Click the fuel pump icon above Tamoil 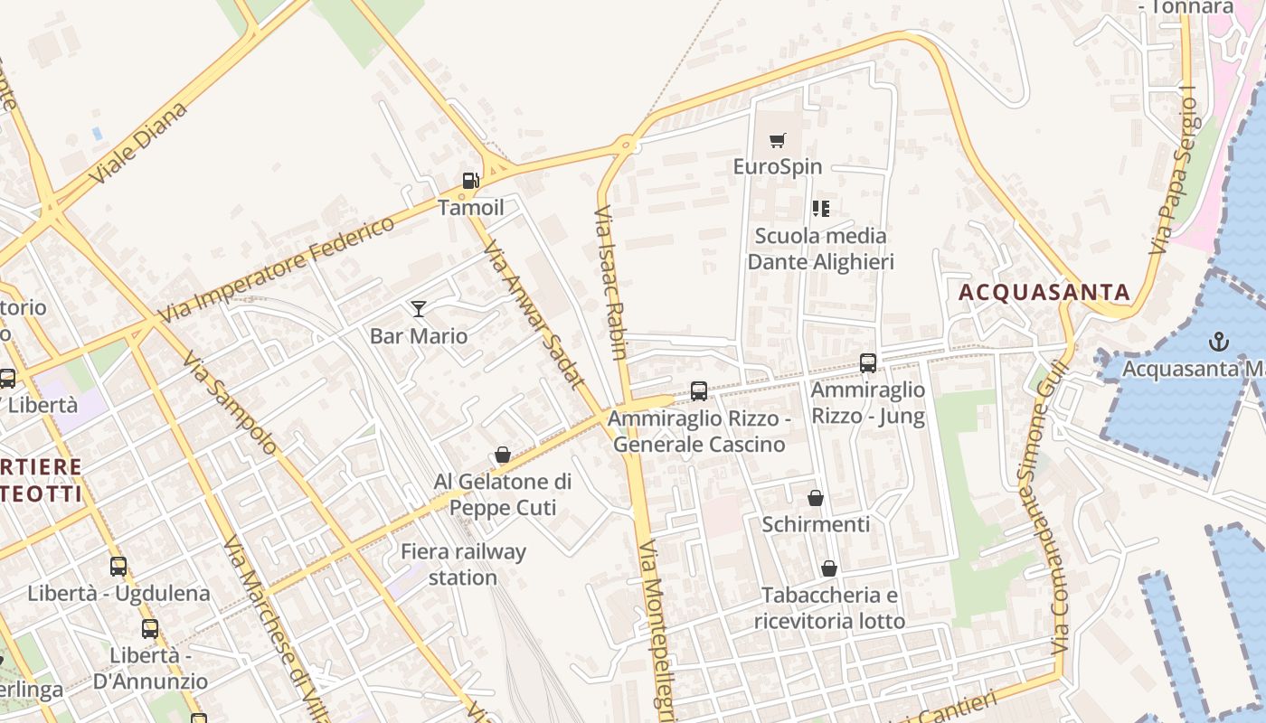[469, 181]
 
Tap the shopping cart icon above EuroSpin [777, 140]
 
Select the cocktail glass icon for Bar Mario [418, 309]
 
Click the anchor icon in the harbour [1219, 342]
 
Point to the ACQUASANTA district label [1044, 292]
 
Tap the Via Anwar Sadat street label [534, 313]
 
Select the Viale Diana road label [140, 143]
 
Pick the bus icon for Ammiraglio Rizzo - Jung [868, 363]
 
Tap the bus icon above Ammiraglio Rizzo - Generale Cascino [699, 391]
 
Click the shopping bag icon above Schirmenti [815, 498]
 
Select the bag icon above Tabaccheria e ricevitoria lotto [828, 568]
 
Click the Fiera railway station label [463, 564]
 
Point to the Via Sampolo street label [228, 401]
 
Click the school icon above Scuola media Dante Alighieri [820, 210]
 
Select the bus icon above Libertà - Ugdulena [118, 567]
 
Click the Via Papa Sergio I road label [1172, 172]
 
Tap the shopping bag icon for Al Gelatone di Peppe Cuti [503, 455]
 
